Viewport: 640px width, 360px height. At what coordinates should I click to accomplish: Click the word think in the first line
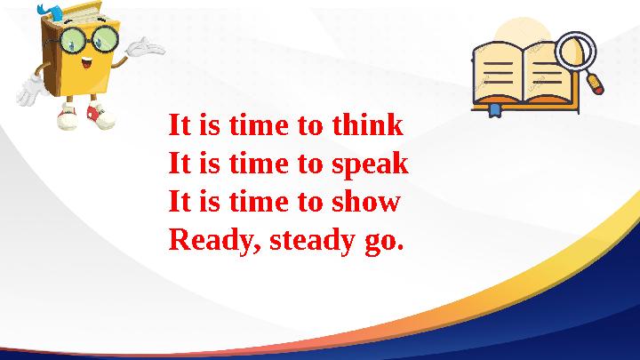pos(367,125)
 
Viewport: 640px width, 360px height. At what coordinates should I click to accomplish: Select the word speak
pos(370,165)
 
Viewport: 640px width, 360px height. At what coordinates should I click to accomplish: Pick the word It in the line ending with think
pos(180,125)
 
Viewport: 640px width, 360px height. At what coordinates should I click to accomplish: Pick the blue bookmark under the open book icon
pos(494,110)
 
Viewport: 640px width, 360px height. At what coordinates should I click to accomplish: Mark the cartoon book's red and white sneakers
pos(83,116)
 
